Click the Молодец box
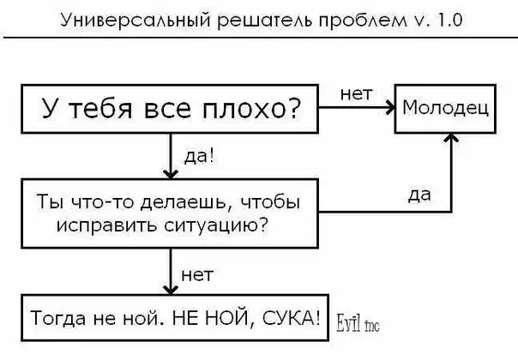[x=444, y=109]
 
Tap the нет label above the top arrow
[x=356, y=94]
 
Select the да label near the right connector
[x=419, y=195]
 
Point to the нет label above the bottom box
[x=197, y=275]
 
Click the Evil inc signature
[x=356, y=322]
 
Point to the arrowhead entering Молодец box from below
[x=450, y=139]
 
